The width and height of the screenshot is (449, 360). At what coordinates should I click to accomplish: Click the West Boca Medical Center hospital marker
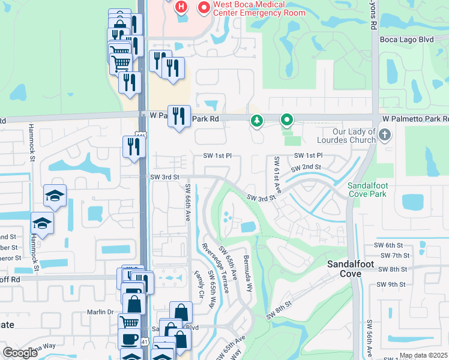point(203,8)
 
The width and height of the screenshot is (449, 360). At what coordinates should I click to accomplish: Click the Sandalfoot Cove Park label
point(368,190)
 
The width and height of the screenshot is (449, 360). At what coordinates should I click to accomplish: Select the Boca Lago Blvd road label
point(406,40)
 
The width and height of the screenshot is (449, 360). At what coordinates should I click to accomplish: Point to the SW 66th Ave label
point(188,202)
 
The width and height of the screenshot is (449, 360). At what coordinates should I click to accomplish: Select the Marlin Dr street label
point(100,311)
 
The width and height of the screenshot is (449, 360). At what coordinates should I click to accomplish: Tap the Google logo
point(20,352)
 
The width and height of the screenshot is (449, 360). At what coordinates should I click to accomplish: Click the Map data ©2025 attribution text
point(423,355)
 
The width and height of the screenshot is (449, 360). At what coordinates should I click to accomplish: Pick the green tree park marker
point(257,121)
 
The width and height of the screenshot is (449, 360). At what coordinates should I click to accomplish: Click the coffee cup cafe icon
point(129,338)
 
